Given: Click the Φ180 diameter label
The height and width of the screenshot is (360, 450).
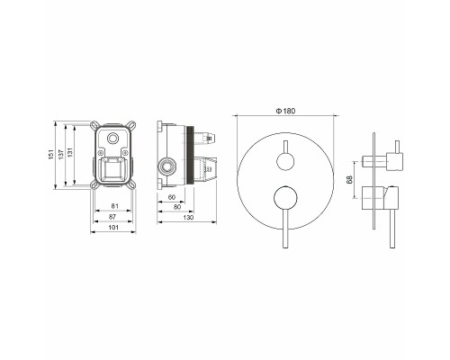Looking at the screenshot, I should pyautogui.click(x=287, y=109).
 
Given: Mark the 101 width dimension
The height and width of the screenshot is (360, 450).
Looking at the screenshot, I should pyautogui.click(x=113, y=228).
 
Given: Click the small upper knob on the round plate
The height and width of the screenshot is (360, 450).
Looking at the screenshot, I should pyautogui.click(x=287, y=161).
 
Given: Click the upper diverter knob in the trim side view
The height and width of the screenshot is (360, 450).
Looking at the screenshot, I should pyautogui.click(x=385, y=159).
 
